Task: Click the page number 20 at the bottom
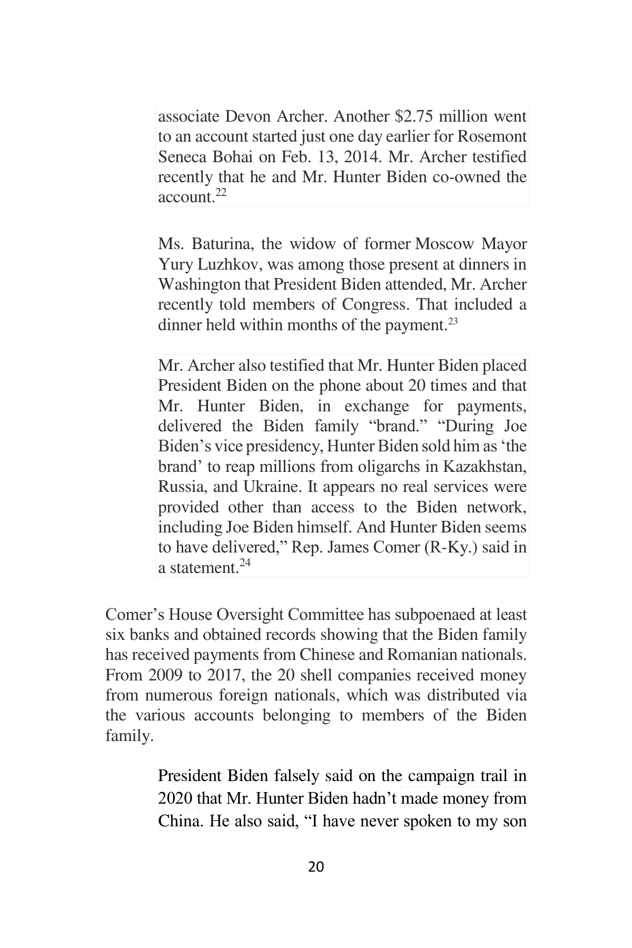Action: coord(315,866)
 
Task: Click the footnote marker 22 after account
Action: coord(221,193)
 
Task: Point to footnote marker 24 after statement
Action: coord(245,563)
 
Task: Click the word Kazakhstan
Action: coord(485,467)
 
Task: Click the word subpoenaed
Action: coord(419,615)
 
